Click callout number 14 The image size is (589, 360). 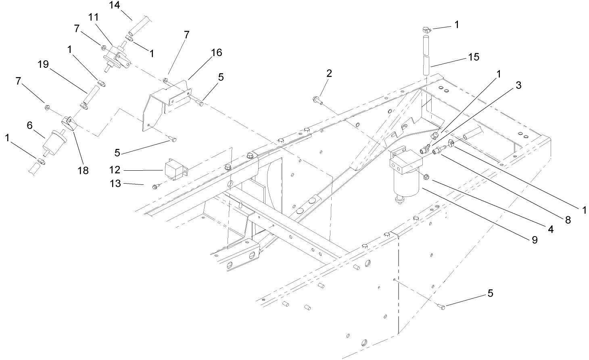coord(115,5)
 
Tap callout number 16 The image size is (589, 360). coord(216,52)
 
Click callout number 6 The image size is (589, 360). coord(29,126)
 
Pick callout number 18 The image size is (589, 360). coord(83,170)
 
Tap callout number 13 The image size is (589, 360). coord(115,184)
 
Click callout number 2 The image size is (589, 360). coord(329,74)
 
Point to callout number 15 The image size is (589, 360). coord(474,57)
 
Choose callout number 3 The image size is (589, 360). coord(518,85)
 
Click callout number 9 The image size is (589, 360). coord(534,240)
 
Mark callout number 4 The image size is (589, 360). coord(550,229)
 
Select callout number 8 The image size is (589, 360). coord(568,220)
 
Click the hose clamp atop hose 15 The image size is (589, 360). coord(426,29)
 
